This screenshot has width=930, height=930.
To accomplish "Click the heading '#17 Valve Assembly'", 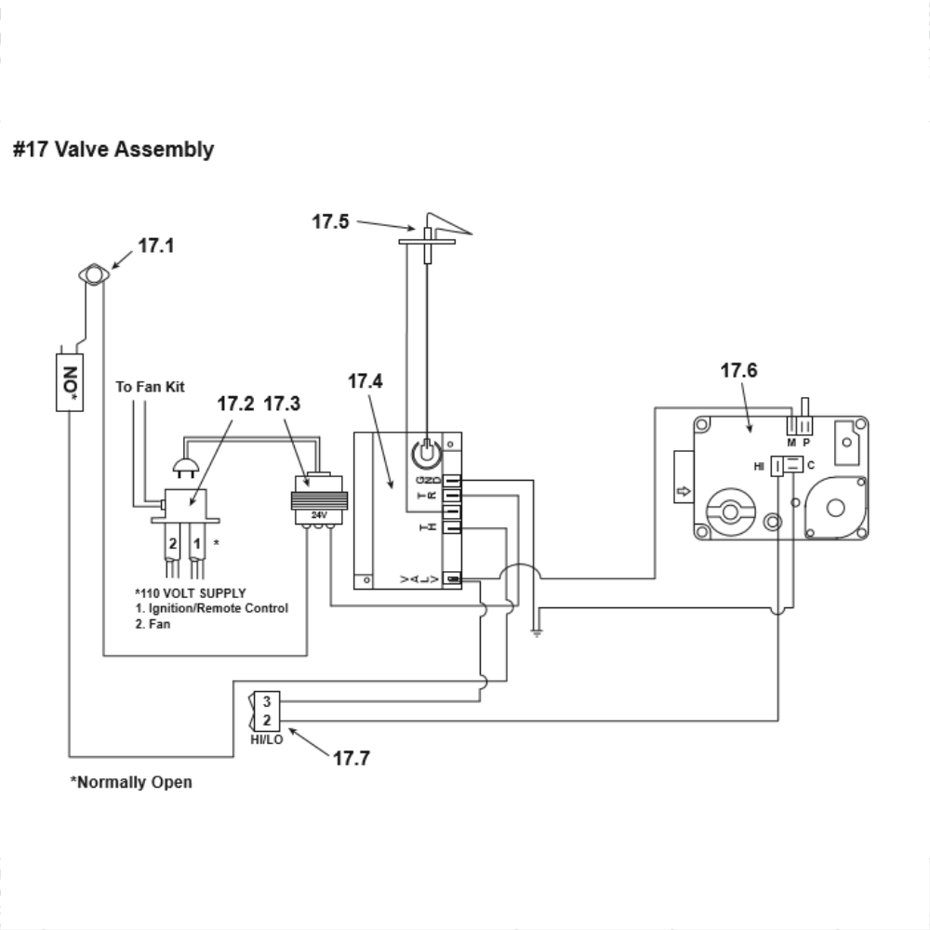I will (x=113, y=150).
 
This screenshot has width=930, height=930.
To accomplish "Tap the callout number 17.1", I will (x=156, y=246).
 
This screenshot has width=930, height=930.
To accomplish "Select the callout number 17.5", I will (x=330, y=221).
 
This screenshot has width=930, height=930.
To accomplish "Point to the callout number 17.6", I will (x=738, y=370).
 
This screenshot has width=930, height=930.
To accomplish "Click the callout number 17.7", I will (x=352, y=758).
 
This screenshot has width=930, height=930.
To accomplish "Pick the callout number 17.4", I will (x=365, y=381).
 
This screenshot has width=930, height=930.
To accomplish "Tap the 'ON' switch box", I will (x=69, y=381).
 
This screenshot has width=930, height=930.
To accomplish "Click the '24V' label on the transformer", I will (x=319, y=513).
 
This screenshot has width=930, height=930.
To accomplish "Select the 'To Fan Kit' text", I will (x=150, y=386).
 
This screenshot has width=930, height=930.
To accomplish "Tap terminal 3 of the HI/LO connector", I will (x=266, y=701).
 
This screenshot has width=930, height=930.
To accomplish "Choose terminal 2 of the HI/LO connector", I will (x=266, y=720).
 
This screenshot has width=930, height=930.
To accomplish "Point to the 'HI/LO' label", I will (x=267, y=739).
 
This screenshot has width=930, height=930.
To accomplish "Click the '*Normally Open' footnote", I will (x=131, y=782).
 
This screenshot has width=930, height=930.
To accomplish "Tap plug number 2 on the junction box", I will (x=173, y=540).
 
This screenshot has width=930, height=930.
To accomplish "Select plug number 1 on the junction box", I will (x=197, y=540).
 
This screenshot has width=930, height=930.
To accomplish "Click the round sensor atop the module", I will (x=426, y=454).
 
